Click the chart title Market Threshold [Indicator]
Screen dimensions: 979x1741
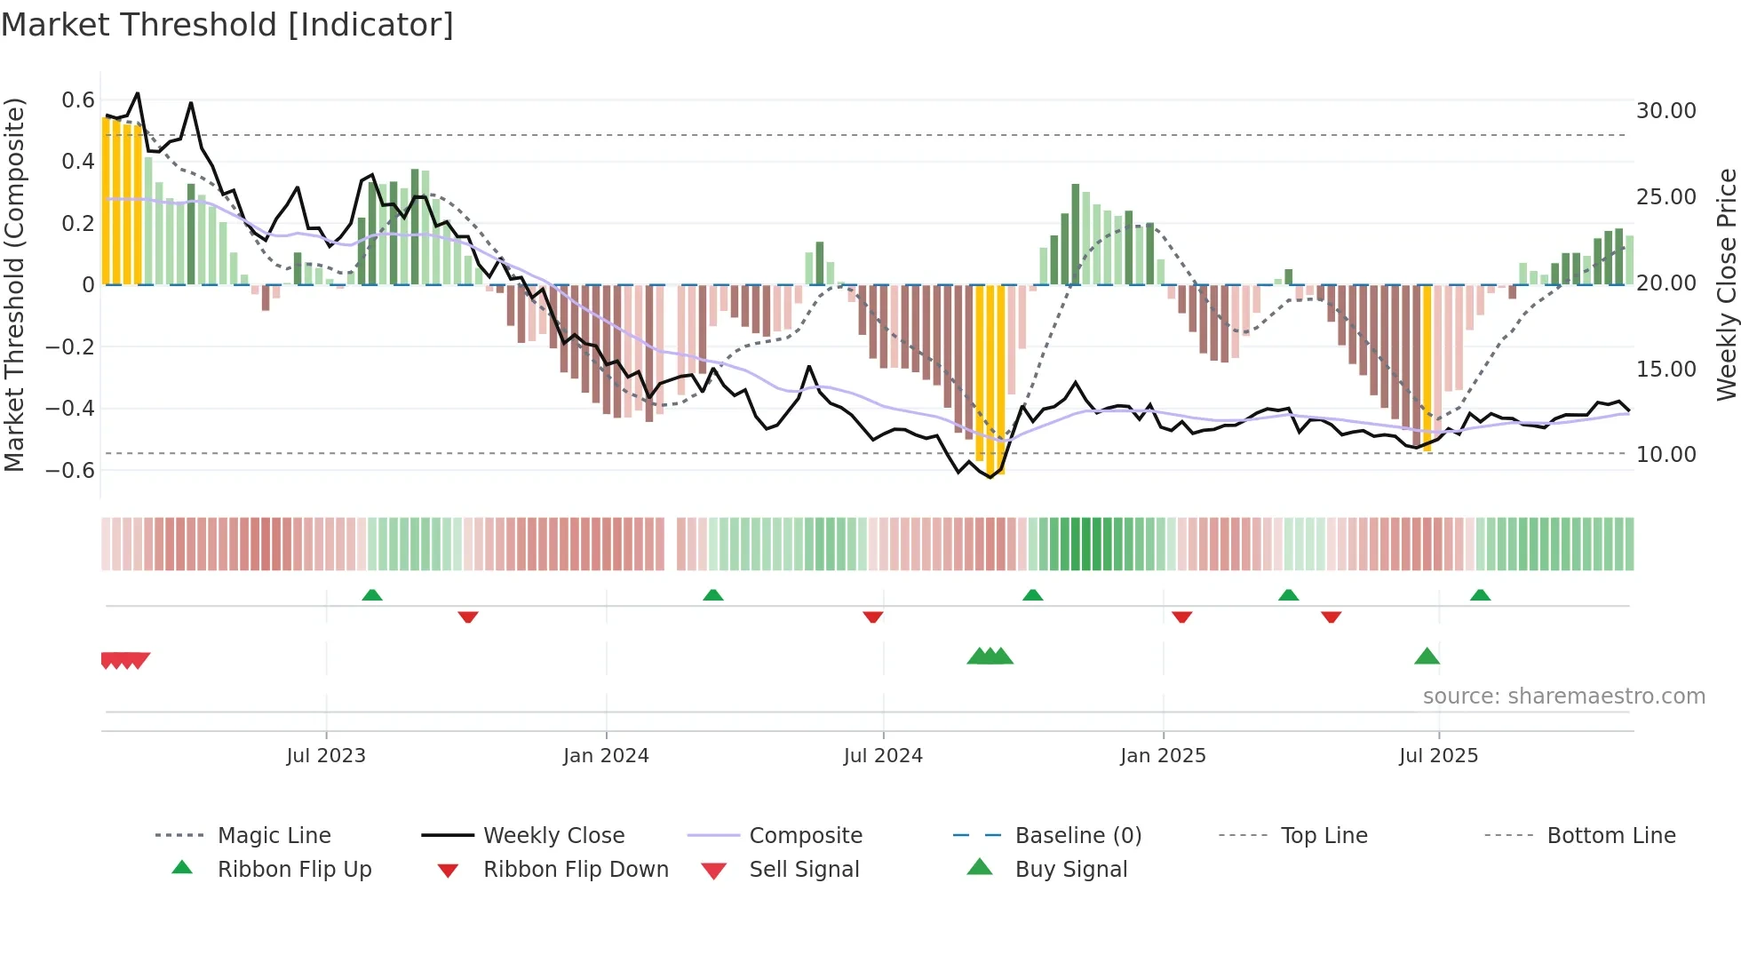[227, 25]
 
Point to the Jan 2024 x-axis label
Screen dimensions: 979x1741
[606, 756]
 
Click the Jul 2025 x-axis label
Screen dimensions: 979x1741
[1438, 756]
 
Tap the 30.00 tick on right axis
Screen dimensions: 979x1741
[1665, 111]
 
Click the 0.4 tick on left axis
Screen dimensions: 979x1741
[77, 162]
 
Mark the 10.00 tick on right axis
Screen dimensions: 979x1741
[1665, 455]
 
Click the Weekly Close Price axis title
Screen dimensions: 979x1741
[1726, 284]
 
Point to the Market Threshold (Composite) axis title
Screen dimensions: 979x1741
[14, 284]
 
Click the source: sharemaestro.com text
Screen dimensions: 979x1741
[1563, 696]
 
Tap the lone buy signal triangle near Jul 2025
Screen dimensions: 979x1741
[1427, 657]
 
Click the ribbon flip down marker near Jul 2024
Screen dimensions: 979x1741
[872, 617]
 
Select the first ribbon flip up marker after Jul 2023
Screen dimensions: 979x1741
[372, 595]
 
